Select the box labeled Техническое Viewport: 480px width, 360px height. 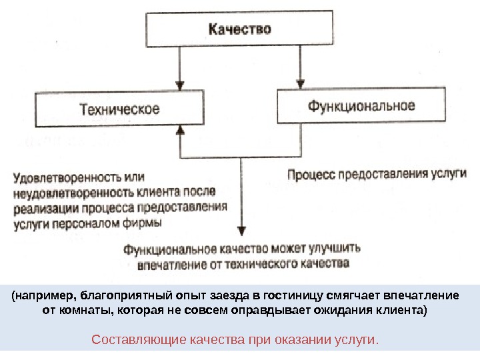click(119, 109)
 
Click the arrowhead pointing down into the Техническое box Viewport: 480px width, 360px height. click(179, 85)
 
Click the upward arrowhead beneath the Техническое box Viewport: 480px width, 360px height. click(179, 133)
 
